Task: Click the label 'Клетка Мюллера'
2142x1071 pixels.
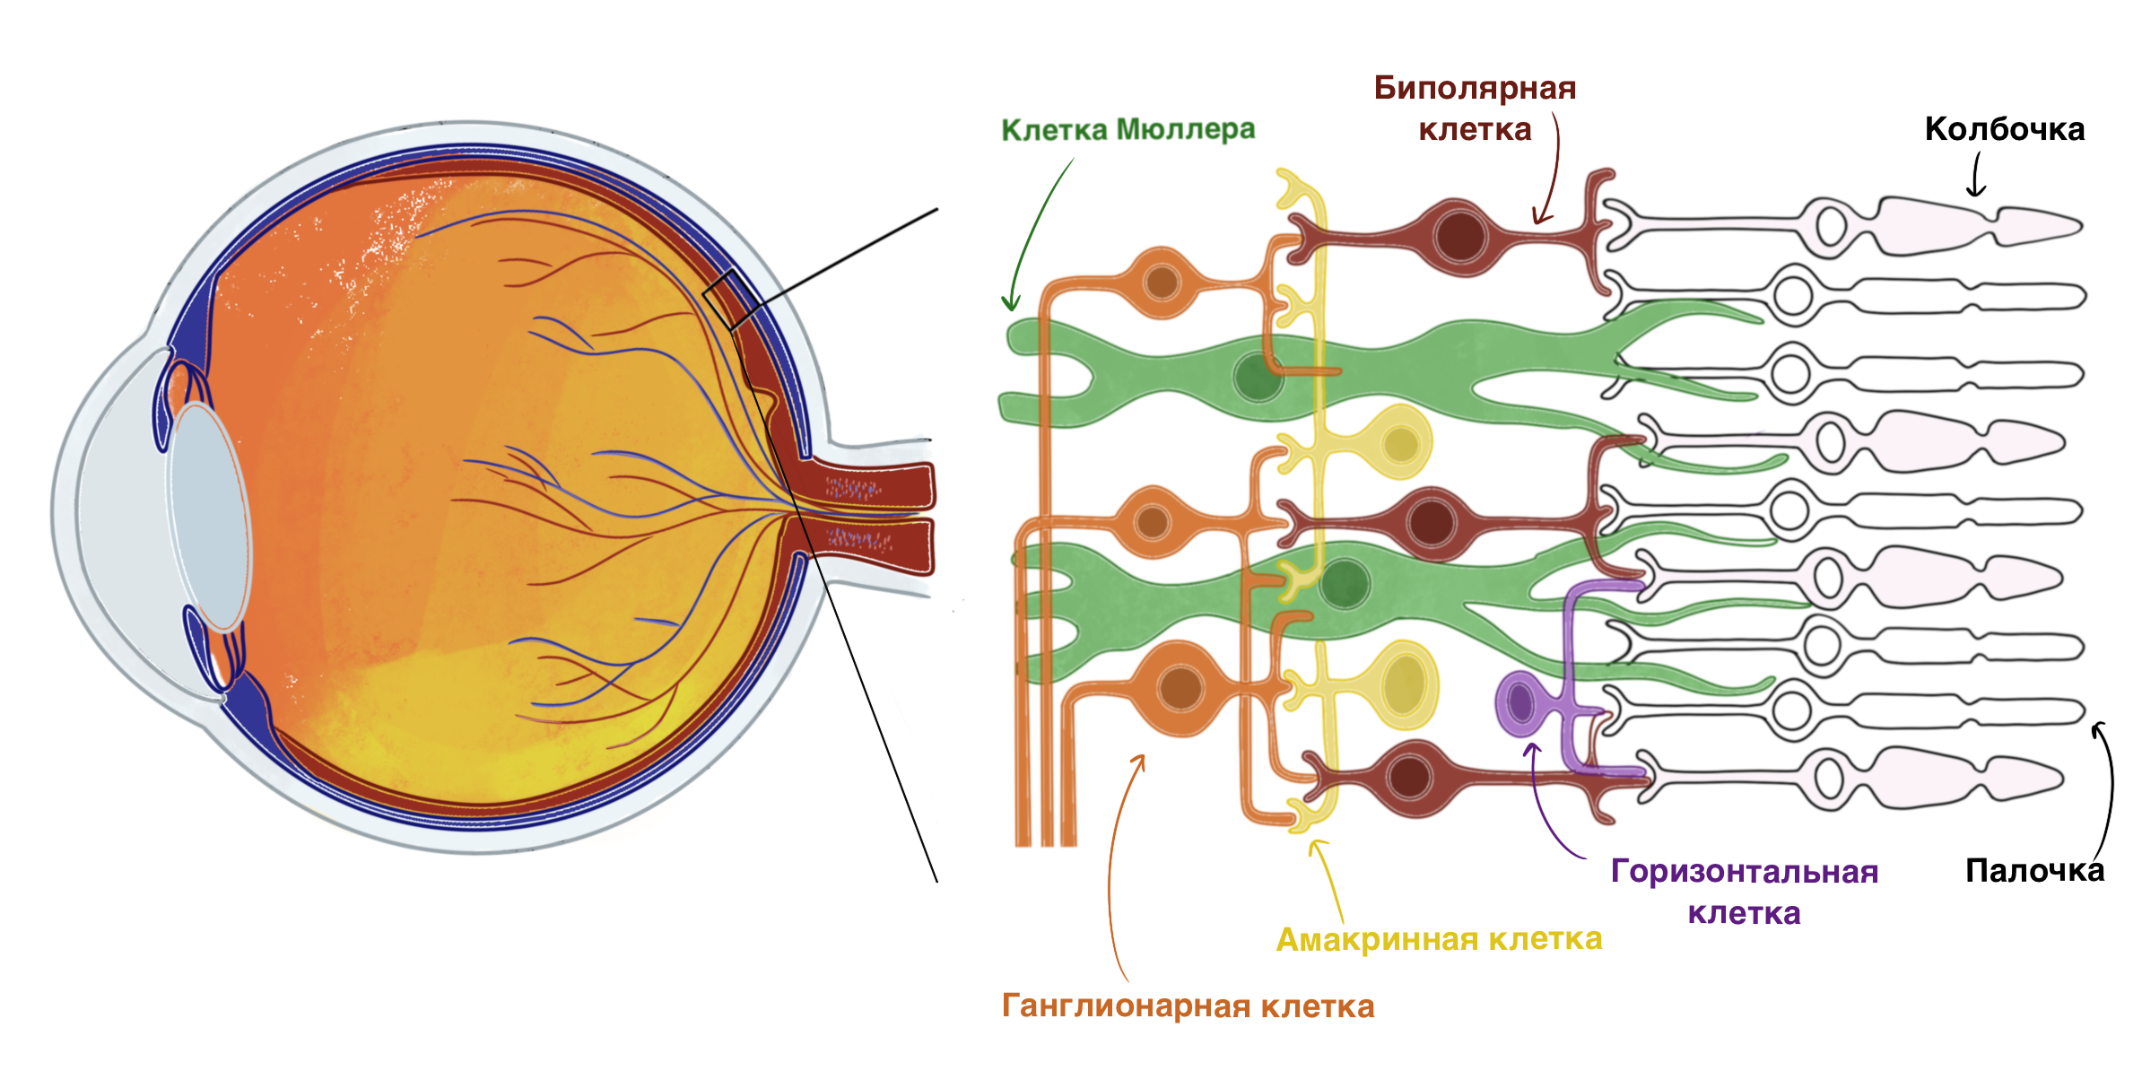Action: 1128,130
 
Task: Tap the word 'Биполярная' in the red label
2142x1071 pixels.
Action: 1475,88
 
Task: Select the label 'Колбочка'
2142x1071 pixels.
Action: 2004,129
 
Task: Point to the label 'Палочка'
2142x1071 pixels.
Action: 2034,870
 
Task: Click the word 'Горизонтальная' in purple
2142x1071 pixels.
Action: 1744,872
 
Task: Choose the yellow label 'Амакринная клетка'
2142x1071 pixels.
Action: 1439,939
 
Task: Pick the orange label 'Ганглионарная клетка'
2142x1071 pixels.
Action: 1188,1006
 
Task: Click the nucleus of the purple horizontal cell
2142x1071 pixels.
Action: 1520,702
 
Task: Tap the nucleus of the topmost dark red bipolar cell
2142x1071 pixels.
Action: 1459,236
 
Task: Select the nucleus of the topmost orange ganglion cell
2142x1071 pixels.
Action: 1162,283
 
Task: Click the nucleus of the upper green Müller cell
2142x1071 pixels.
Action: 1258,377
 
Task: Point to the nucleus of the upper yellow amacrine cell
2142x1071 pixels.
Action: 1400,443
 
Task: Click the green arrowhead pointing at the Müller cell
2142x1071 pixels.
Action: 1011,305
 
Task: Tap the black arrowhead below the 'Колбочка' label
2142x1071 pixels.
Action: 1975,190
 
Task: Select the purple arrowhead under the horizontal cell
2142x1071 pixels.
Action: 1532,748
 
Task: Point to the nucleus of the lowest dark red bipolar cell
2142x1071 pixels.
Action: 1408,777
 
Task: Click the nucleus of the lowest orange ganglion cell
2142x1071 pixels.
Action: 1180,688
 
